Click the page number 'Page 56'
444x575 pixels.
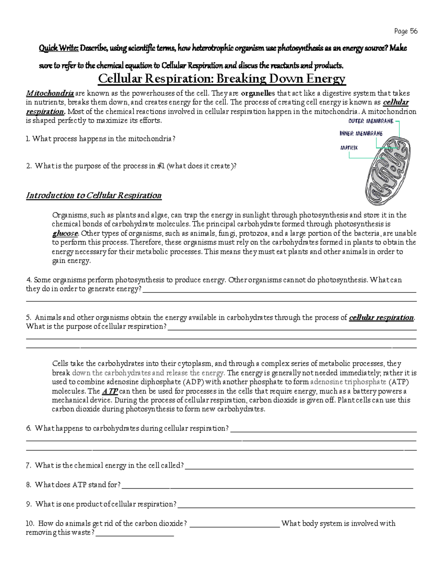(x=406, y=31)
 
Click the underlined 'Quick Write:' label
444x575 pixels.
(x=58, y=48)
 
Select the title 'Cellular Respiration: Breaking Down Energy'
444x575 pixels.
(x=221, y=79)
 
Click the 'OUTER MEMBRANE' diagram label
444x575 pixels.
(x=371, y=121)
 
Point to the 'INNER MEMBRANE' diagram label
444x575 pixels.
(x=361, y=134)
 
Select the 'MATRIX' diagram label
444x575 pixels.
(x=349, y=148)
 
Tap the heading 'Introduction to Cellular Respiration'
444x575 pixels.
(x=94, y=195)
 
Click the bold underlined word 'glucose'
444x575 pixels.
(x=65, y=234)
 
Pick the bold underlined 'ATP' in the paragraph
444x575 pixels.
(x=110, y=391)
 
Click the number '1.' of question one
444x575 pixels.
(x=28, y=139)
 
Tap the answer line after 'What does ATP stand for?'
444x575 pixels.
(x=267, y=486)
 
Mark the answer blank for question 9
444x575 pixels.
(x=296, y=505)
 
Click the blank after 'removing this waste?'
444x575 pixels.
(x=135, y=534)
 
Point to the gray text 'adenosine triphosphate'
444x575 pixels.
(x=348, y=382)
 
